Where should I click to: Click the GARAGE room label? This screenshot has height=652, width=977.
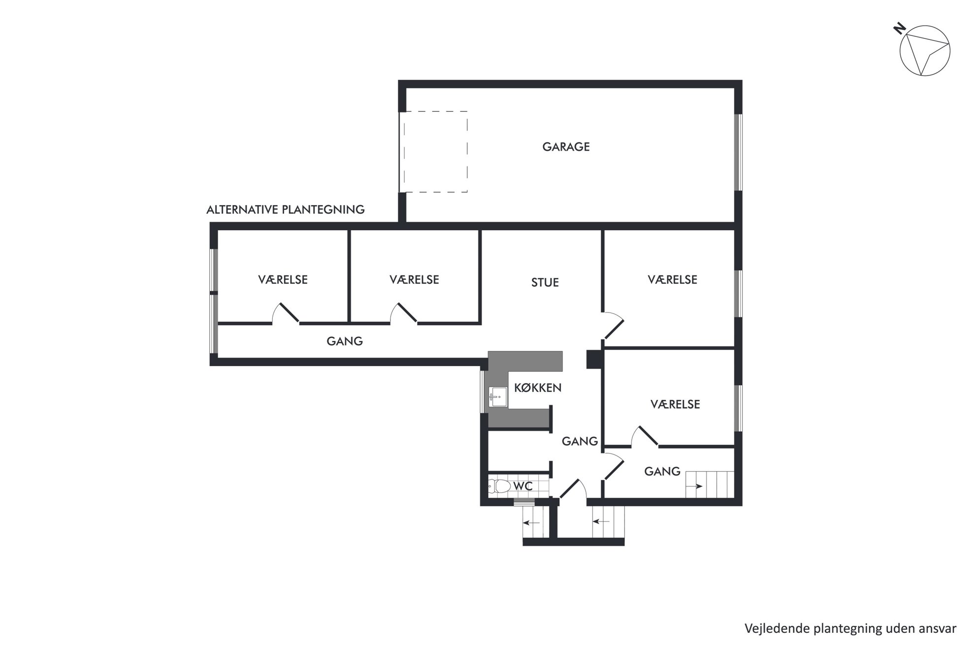[566, 147]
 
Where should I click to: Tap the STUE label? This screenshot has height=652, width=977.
[545, 282]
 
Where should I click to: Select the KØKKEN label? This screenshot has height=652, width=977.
[538, 388]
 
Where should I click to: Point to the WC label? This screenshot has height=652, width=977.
[523, 486]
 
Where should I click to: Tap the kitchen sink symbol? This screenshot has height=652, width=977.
[498, 397]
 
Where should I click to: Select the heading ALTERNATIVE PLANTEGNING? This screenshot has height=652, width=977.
[286, 209]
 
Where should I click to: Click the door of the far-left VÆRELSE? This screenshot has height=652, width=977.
[286, 313]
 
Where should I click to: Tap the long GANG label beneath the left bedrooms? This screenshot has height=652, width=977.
[345, 341]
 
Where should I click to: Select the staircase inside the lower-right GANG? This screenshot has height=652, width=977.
[710, 484]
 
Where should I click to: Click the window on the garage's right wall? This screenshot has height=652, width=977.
[738, 152]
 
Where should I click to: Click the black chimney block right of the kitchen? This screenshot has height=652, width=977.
[594, 359]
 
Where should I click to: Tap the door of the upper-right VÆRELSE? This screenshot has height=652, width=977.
[613, 326]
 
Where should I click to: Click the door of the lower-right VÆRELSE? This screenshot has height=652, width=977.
[645, 437]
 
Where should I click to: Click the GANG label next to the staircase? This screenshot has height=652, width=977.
[662, 472]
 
